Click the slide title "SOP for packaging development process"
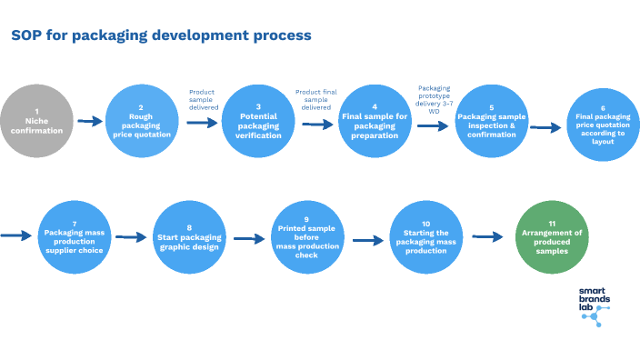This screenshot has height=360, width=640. (161, 35)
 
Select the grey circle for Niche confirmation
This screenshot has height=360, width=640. (37, 122)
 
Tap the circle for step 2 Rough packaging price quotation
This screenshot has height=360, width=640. (141, 122)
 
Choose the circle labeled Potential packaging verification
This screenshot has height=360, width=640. (258, 122)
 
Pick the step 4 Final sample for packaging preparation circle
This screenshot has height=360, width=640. (375, 122)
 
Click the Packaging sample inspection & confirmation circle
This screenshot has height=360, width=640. (491, 122)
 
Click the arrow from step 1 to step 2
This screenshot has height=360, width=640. (90, 121)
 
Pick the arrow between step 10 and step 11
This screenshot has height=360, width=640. (487, 237)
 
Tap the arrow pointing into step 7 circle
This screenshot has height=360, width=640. (15, 235)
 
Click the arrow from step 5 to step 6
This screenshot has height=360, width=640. (545, 128)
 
